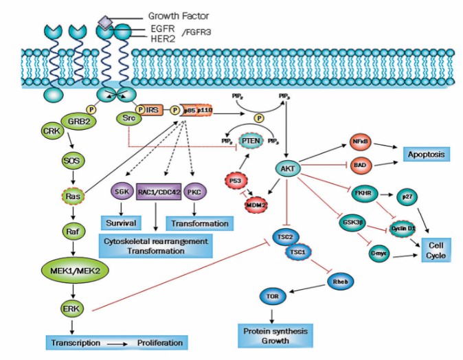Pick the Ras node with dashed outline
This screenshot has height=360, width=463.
point(70,195)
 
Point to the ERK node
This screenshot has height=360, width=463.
point(69,307)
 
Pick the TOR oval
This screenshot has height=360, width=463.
point(271,296)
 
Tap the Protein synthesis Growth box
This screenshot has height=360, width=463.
point(274,333)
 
